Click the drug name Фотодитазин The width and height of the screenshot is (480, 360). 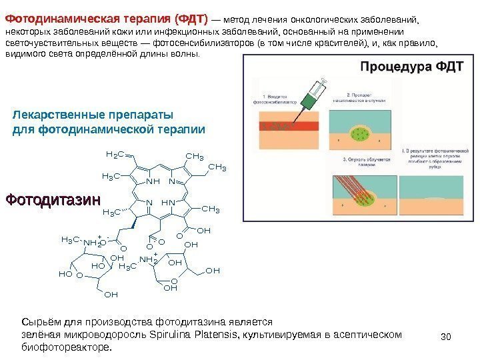[53, 199]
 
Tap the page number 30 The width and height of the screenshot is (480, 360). [447, 334]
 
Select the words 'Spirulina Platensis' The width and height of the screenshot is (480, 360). [194, 335]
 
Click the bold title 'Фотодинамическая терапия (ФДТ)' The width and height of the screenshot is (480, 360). [107, 17]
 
